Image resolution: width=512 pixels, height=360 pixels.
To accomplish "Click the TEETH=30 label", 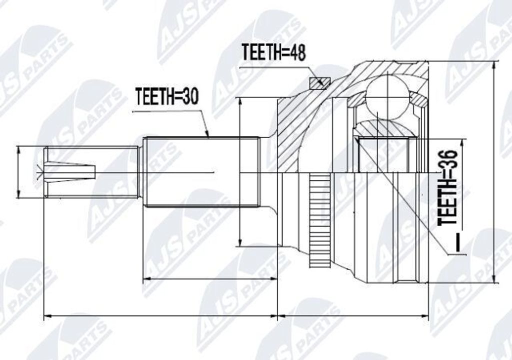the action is [x=167, y=96].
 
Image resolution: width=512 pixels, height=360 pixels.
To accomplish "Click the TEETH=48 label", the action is [x=274, y=52].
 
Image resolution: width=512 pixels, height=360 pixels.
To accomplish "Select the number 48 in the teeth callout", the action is [x=296, y=52].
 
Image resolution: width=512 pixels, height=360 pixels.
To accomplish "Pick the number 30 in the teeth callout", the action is [x=188, y=96].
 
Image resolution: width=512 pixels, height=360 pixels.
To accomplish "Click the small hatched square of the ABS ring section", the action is [x=319, y=83].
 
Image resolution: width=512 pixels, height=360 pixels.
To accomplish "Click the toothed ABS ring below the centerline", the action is [x=319, y=220].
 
